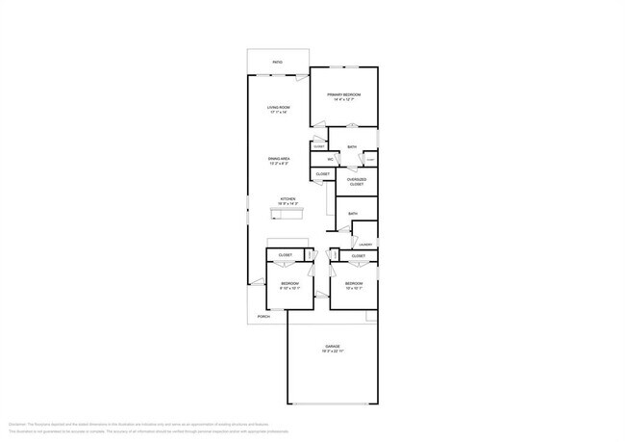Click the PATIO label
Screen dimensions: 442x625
(277, 63)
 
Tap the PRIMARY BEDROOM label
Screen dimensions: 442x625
(347, 94)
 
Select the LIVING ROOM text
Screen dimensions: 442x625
(279, 107)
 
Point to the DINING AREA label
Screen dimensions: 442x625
(279, 158)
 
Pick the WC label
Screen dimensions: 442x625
(331, 159)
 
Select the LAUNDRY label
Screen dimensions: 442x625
(365, 245)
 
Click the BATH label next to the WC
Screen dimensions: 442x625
(353, 147)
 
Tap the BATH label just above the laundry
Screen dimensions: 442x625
(353, 214)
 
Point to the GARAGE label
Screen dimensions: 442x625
(332, 346)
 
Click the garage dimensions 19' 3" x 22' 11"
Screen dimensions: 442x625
(332, 351)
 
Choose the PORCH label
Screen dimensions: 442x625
(262, 316)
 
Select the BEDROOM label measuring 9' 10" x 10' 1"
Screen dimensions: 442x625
(289, 283)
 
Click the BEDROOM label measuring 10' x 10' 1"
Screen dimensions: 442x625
(353, 283)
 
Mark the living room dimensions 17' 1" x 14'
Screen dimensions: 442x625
(279, 113)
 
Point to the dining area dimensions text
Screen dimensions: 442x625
(279, 164)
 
